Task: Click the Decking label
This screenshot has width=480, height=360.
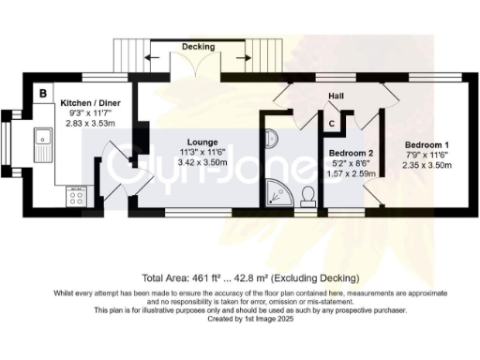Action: [x=197, y=45]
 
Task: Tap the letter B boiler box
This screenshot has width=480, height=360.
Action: [x=43, y=93]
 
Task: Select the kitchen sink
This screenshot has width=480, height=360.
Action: [x=41, y=146]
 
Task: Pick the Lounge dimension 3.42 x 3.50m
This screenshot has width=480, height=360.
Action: [x=202, y=162]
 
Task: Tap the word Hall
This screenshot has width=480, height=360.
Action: [x=337, y=97]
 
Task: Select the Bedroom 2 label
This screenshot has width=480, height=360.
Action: [x=352, y=152]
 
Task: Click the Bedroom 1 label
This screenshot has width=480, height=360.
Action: [x=427, y=145]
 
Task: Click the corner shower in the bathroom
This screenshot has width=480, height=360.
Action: [x=277, y=193]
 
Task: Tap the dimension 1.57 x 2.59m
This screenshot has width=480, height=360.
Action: [x=352, y=172]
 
